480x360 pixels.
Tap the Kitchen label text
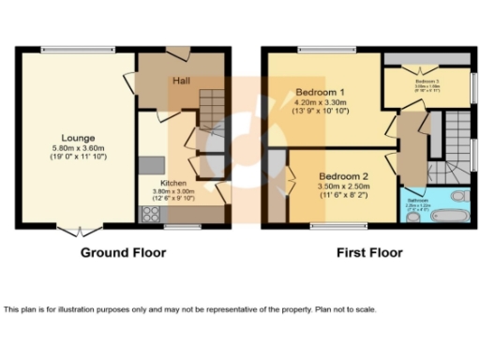(174, 183)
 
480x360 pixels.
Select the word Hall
(182, 82)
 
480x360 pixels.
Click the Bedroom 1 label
(321, 93)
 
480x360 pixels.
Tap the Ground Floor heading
(123, 252)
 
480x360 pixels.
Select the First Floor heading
(369, 252)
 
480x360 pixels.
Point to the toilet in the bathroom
(459, 198)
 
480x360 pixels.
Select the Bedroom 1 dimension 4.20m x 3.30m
(321, 103)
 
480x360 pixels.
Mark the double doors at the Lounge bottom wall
(79, 228)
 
